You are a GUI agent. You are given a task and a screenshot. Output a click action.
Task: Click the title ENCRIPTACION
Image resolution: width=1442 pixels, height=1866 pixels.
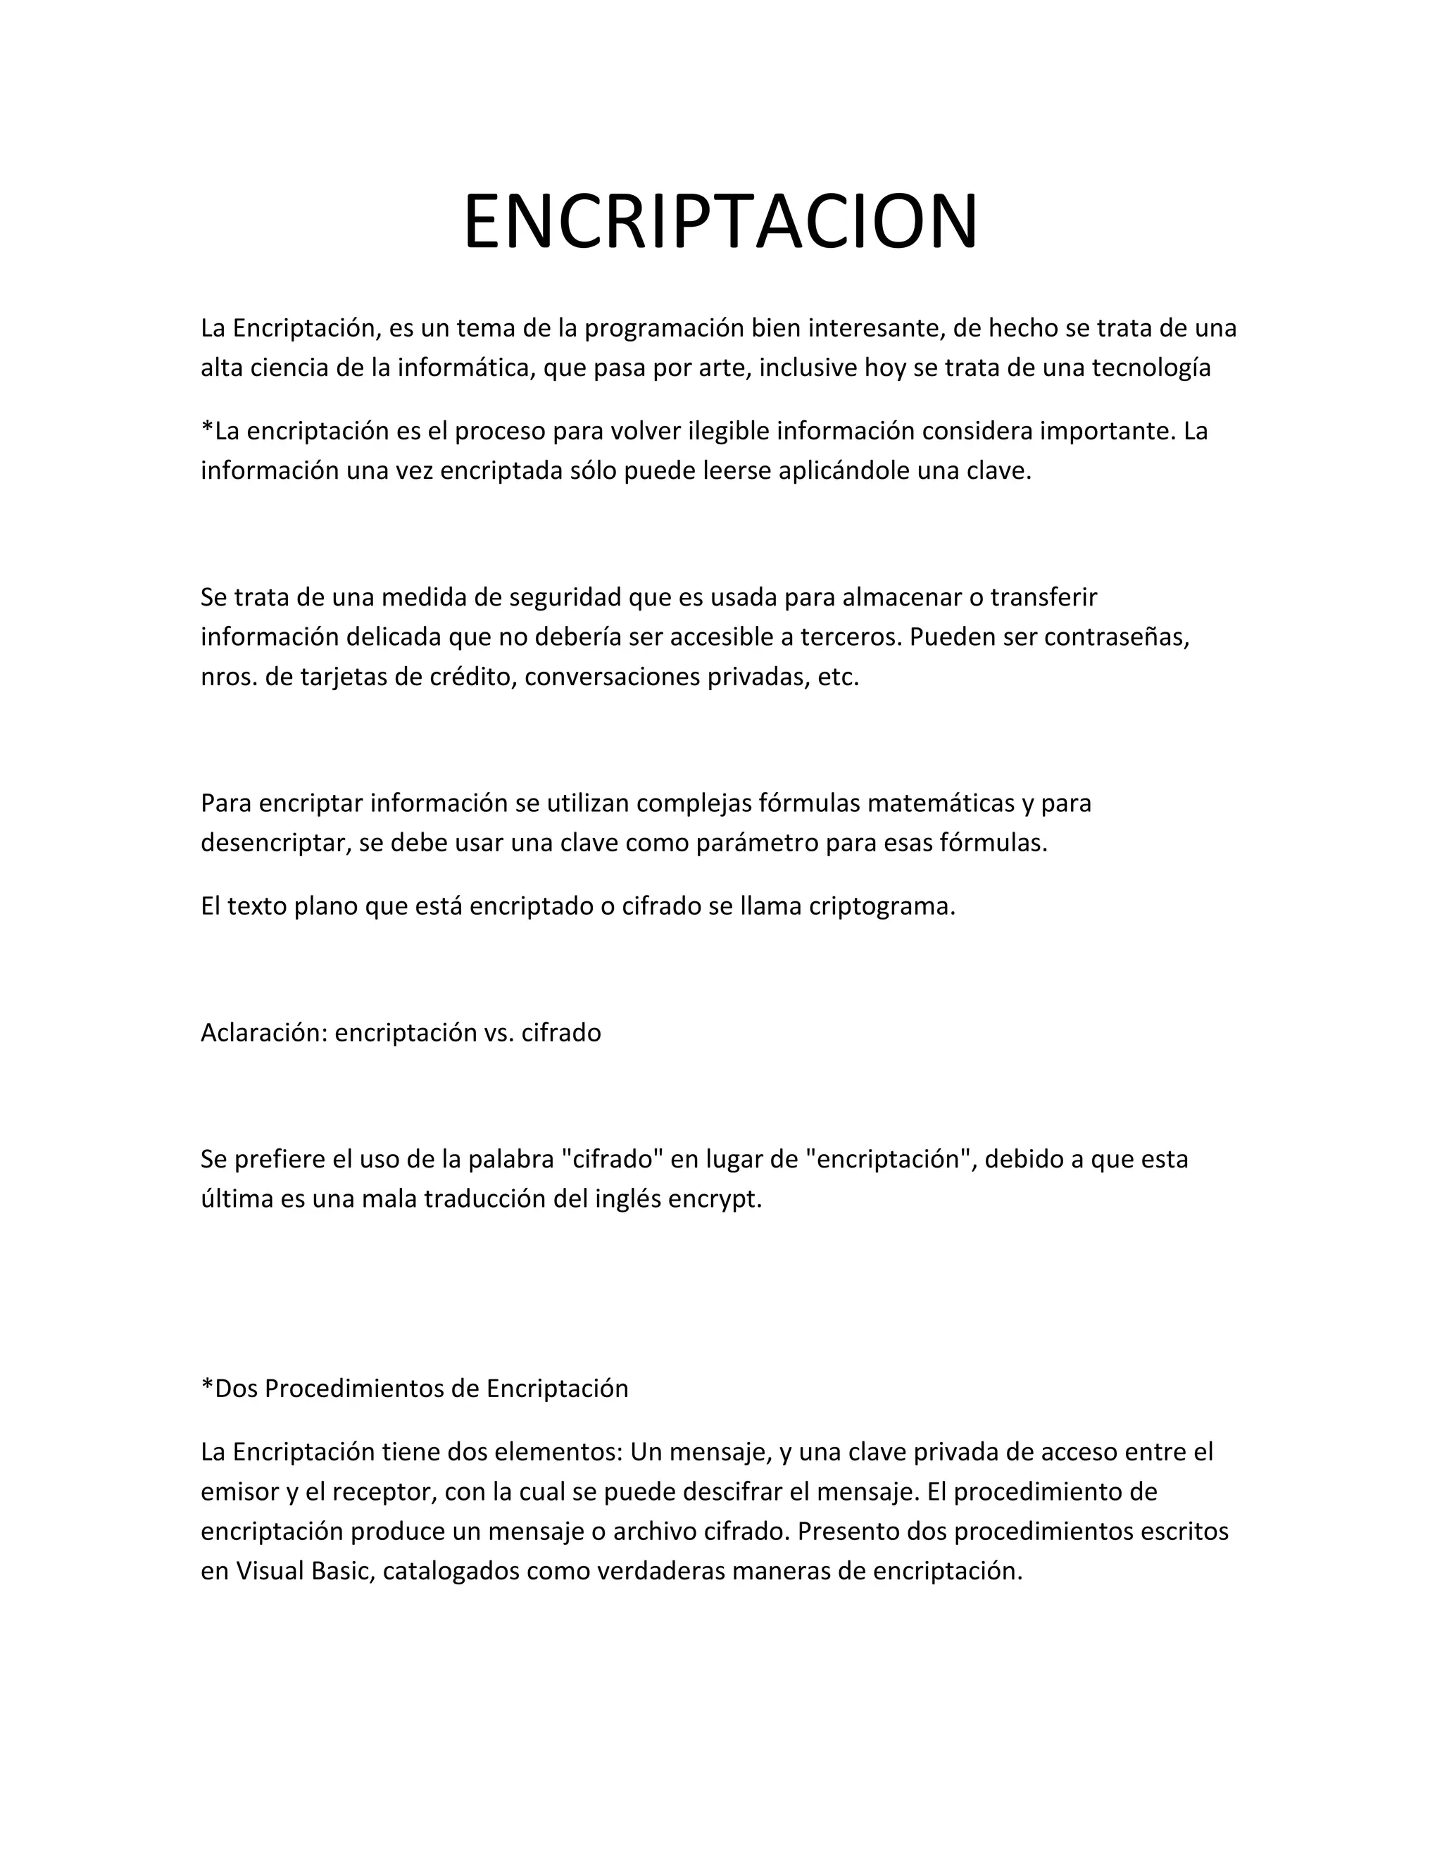coord(720,221)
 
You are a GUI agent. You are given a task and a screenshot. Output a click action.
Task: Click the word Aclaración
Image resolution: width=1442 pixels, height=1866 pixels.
coord(264,1033)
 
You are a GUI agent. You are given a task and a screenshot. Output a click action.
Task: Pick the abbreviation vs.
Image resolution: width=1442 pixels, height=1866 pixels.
coord(498,1033)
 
